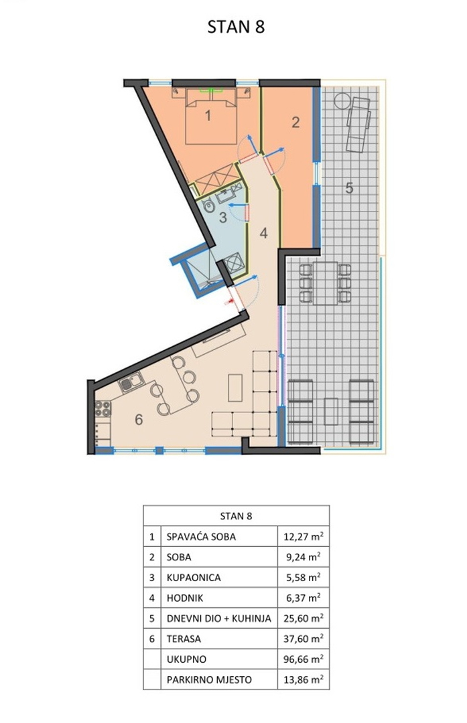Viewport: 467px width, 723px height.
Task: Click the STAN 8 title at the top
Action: (x=236, y=27)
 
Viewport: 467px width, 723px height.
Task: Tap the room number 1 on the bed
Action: (x=208, y=115)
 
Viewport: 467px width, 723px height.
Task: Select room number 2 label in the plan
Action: (x=295, y=123)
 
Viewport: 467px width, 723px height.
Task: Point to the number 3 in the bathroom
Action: (x=223, y=217)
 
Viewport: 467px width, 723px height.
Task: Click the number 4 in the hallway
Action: (x=263, y=233)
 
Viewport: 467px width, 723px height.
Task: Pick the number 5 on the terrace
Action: (x=349, y=187)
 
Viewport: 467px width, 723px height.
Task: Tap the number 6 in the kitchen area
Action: (x=139, y=419)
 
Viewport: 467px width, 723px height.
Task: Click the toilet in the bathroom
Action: (x=209, y=206)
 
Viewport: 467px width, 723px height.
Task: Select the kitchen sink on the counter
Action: (x=131, y=382)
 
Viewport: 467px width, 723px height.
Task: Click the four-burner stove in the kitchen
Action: (x=103, y=408)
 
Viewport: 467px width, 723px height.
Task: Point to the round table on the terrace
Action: (x=342, y=100)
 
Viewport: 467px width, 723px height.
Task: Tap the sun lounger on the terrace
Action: (x=358, y=125)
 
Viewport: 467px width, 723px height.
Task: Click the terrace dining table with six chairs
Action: (x=326, y=283)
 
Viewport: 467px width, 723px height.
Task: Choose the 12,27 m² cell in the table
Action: (x=303, y=536)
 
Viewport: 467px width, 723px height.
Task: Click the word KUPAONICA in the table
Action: (x=194, y=577)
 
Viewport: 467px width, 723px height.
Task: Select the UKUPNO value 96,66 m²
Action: (x=303, y=659)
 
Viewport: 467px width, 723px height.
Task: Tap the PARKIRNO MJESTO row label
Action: (x=210, y=679)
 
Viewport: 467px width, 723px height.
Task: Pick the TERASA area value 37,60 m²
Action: (x=303, y=639)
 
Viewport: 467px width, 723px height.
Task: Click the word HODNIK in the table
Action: (x=185, y=598)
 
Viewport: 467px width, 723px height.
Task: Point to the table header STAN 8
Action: (x=237, y=515)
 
